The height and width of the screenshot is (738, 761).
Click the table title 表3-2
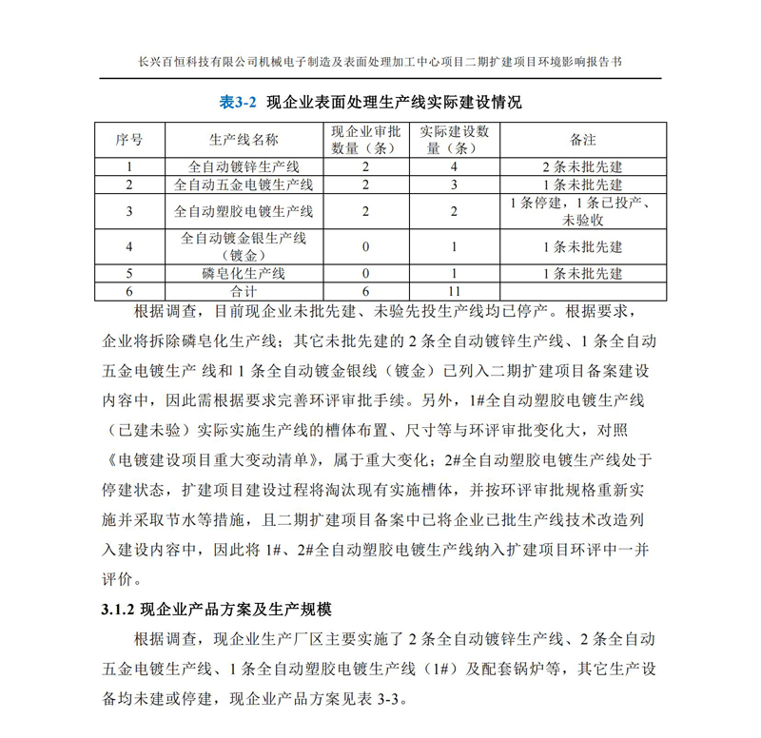[239, 101]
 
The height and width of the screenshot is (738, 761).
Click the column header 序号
[129, 140]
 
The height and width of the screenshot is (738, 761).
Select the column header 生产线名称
[244, 140]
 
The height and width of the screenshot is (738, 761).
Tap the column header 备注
[582, 140]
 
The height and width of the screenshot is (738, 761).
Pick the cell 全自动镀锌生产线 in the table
[244, 166]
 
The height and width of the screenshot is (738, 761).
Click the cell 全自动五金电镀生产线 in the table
[244, 184]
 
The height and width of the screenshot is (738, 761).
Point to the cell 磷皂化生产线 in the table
[244, 274]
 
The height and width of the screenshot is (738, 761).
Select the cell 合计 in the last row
[244, 291]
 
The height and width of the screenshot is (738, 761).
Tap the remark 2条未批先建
[582, 166]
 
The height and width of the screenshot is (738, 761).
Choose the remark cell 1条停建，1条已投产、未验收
[582, 211]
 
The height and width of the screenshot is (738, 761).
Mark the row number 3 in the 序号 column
[129, 211]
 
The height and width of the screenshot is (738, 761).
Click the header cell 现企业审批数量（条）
[364, 140]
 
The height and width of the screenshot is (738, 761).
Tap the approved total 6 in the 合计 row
[364, 291]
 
